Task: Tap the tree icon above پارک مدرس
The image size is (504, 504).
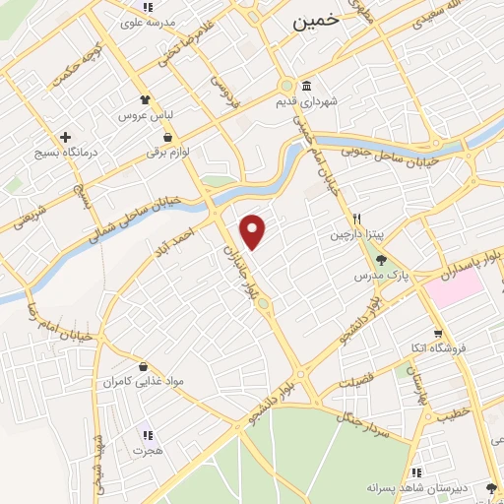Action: (x=382, y=260)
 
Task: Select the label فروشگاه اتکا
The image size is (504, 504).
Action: (x=441, y=348)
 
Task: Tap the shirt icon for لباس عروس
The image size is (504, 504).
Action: (x=144, y=99)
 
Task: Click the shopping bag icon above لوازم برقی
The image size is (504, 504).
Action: (x=169, y=137)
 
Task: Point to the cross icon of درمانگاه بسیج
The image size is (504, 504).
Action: (x=66, y=137)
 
